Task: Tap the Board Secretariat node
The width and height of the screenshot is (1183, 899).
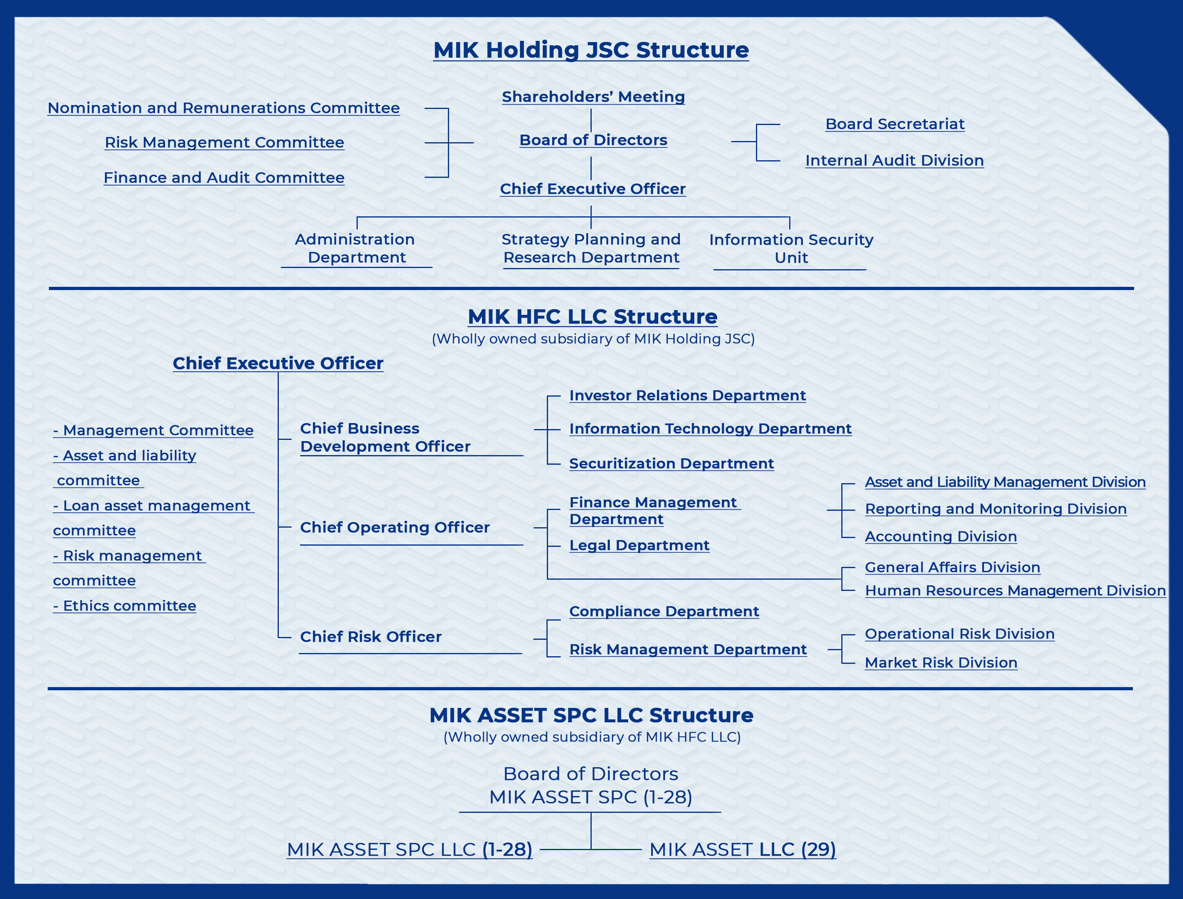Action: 895,124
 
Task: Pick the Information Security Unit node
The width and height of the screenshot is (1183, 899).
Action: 791,248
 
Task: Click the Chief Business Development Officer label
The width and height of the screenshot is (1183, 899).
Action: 385,437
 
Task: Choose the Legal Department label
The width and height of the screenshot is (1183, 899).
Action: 639,545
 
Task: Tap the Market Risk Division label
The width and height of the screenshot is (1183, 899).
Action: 941,663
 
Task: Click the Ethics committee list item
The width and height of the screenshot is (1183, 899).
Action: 125,606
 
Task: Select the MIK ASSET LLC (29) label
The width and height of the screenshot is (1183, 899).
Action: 743,849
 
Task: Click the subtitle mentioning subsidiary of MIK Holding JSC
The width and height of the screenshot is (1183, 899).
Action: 593,339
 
